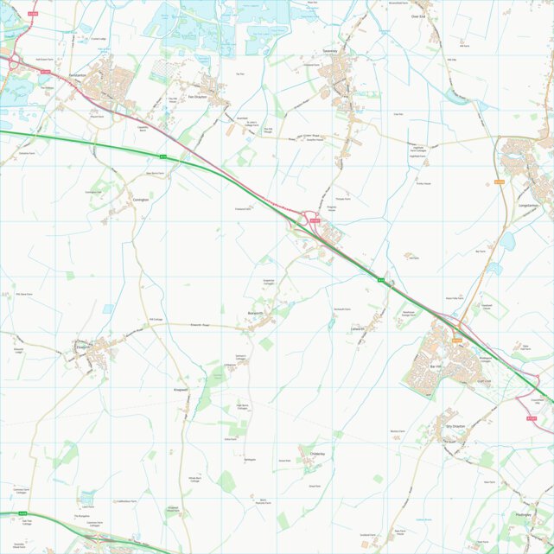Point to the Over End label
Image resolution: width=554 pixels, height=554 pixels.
420,16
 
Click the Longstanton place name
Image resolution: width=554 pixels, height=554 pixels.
530,206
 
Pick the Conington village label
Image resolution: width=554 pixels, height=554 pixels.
141,200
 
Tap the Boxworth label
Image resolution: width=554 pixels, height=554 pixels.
256,312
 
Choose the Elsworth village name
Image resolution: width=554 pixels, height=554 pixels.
84,344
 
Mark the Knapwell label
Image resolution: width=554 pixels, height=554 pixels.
181,391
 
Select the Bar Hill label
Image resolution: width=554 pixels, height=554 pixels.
436,367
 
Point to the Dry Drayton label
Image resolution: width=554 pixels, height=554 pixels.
455,426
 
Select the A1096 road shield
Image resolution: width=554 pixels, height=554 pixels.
33,13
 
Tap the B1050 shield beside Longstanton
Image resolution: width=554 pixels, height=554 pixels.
499,181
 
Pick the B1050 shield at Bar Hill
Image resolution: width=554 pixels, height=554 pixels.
456,340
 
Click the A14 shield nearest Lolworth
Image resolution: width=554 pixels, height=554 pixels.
380,280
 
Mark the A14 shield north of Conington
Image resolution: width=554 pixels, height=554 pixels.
162,156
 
